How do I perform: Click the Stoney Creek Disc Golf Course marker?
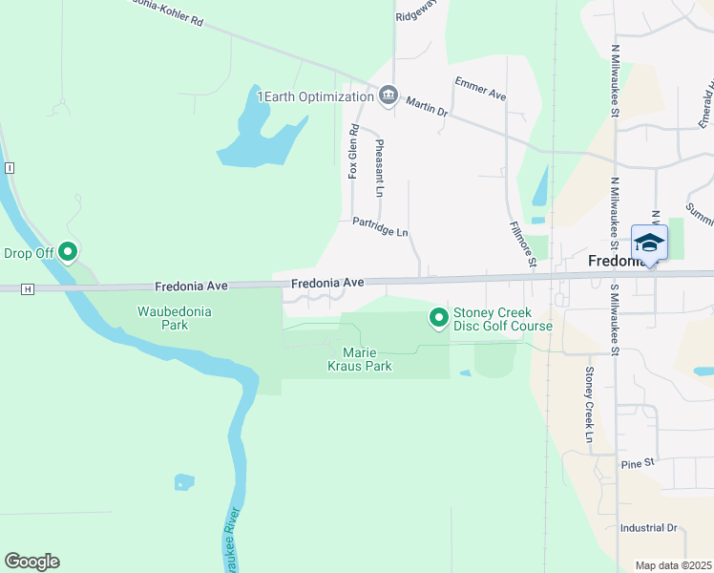438,317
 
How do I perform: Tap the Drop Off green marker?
68,252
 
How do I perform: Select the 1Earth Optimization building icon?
388,95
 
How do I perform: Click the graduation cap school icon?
649,243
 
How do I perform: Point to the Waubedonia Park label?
175,318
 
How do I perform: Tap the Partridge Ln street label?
380,227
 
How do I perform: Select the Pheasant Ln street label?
380,168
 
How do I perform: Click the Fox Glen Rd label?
353,152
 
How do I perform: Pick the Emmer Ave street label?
480,89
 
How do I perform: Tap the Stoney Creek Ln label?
590,405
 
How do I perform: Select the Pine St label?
635,463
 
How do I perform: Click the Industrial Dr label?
647,527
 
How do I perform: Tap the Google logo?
31,562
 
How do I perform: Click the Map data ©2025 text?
674,565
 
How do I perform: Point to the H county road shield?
29,288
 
